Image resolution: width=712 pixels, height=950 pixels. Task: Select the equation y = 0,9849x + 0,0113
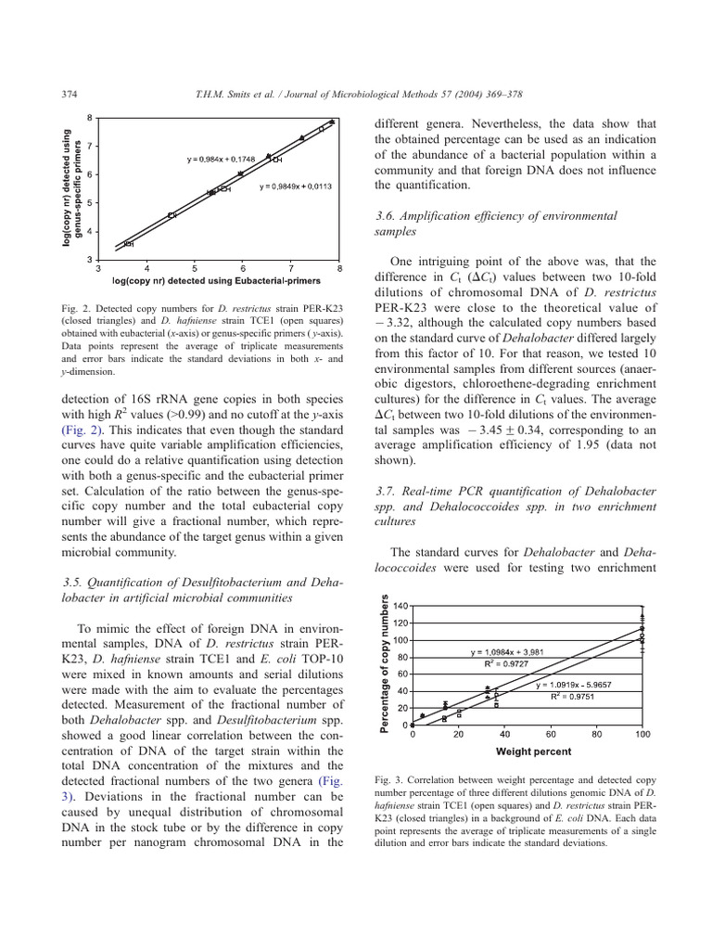pyautogui.click(x=295, y=187)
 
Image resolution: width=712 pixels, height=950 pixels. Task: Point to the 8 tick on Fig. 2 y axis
pyautogui.click(x=90, y=118)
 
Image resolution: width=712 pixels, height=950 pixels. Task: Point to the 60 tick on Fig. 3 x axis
pyautogui.click(x=551, y=734)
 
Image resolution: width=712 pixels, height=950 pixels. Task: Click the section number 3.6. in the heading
pyautogui.click(x=385, y=215)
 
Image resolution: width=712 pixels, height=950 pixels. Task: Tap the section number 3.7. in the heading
pyautogui.click(x=385, y=488)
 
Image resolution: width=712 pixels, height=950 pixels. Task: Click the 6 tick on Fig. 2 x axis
pyautogui.click(x=242, y=268)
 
